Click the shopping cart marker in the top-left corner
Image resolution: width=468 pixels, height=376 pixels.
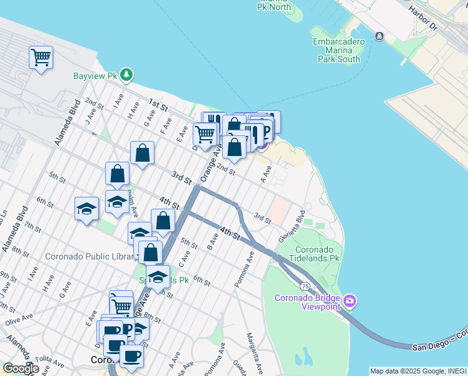coord(41,58)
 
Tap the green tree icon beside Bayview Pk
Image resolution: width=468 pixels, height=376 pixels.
coord(127,75)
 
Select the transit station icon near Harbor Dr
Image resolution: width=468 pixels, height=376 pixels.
coord(379,36)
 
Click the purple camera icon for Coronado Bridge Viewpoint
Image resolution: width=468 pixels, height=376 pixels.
coord(350,302)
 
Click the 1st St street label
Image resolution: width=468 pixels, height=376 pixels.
coord(158,105)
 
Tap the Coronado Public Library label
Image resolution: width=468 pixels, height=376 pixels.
coord(91,257)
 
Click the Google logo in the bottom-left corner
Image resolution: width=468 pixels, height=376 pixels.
coord(20,368)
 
